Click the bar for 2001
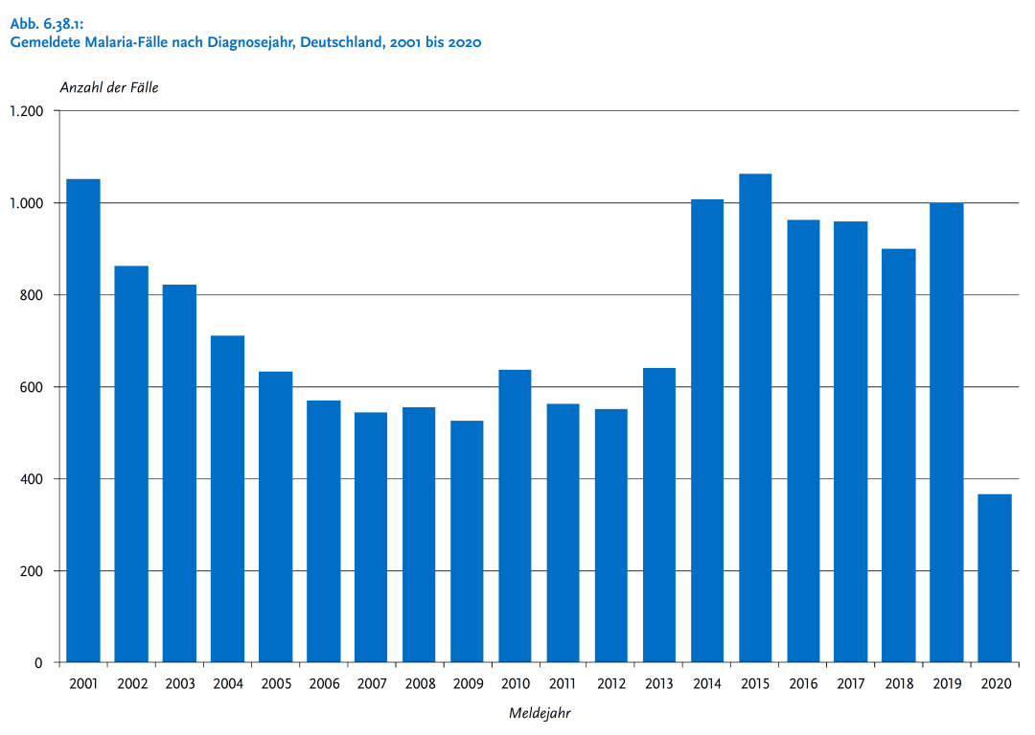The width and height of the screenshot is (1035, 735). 83,421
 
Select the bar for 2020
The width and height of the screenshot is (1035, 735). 995,578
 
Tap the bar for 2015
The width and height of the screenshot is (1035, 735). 755,418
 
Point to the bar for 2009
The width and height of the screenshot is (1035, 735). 467,541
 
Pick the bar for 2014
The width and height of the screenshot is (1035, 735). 707,430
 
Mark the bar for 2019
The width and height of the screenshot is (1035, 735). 947,432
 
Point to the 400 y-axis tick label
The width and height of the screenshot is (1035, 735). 33,479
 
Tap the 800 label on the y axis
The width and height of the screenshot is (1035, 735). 33,295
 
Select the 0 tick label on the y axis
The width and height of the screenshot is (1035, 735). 39,663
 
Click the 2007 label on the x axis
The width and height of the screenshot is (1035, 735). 371,684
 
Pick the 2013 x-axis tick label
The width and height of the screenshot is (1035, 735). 659,684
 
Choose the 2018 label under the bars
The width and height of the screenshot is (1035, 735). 899,684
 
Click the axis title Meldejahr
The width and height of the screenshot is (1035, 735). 540,714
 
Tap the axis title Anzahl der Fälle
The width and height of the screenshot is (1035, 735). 109,87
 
